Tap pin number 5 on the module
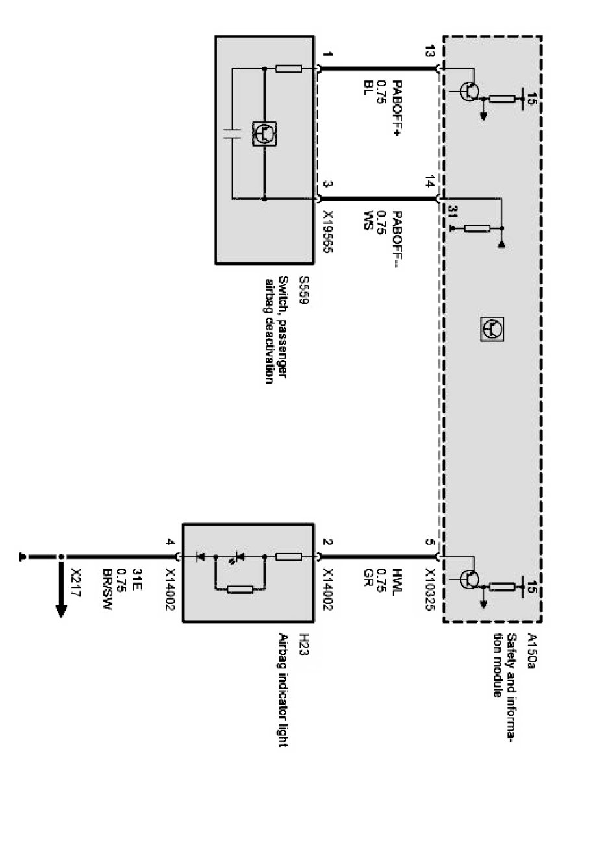coord(429,544)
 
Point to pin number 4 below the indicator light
coord(170,544)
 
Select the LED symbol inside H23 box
coord(240,557)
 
